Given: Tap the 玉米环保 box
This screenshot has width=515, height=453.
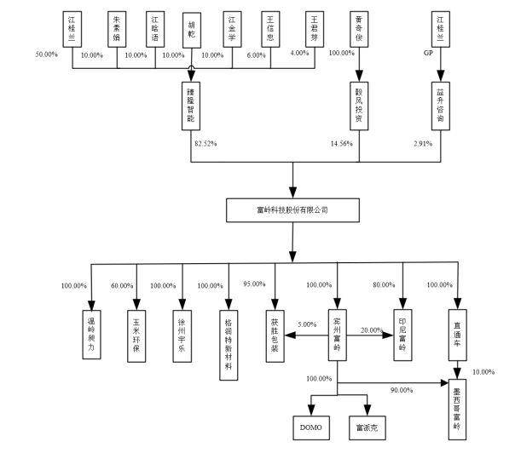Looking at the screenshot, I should (x=136, y=326).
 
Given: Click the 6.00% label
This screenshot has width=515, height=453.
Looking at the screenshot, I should (x=257, y=55).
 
